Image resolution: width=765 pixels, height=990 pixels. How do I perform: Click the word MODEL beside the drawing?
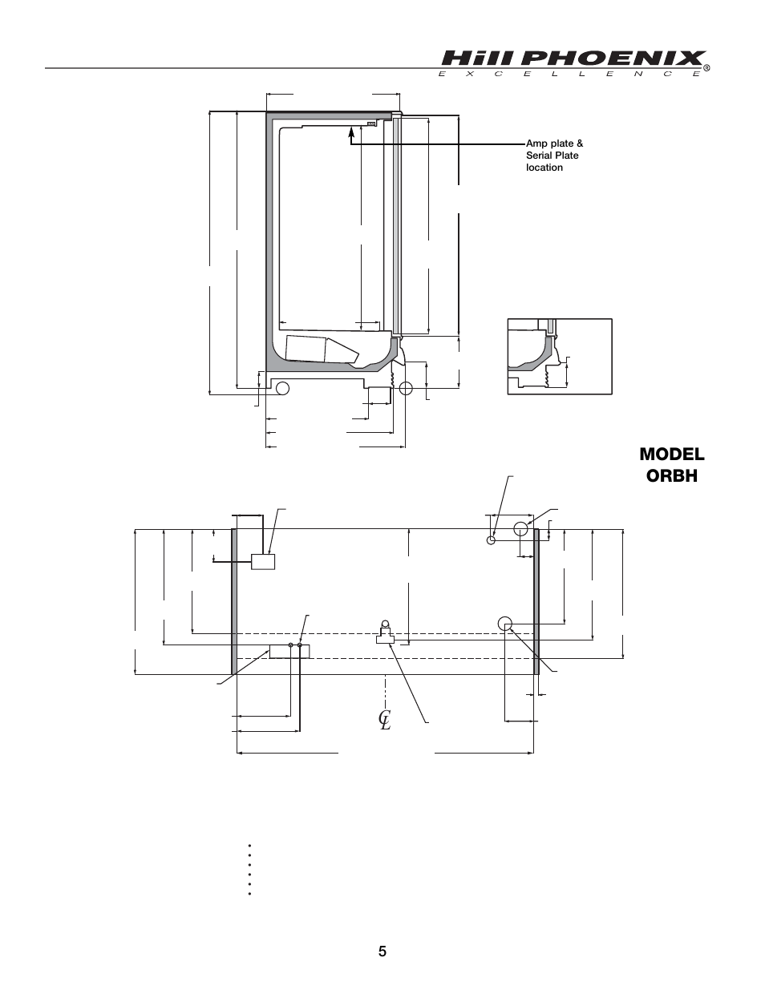point(672,454)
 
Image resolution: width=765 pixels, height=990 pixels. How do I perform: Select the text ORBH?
point(672,475)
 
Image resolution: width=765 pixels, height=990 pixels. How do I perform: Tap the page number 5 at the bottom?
point(382,952)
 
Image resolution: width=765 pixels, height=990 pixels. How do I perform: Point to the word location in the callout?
point(544,168)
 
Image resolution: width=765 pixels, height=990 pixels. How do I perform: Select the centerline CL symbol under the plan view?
point(385,719)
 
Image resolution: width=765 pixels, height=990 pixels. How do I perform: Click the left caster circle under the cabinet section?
point(282,389)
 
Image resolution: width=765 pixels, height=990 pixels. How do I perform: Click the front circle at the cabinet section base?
point(405,389)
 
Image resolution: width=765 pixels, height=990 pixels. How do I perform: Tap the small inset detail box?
point(560,356)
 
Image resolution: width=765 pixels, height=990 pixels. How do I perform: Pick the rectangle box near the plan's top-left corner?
point(263,561)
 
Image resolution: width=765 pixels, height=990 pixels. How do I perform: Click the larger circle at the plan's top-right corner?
point(521,528)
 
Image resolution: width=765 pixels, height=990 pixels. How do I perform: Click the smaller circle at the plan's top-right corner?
point(492,539)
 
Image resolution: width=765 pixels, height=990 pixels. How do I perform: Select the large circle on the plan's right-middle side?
point(505,623)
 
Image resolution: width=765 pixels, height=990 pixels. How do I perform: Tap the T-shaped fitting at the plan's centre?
point(386,636)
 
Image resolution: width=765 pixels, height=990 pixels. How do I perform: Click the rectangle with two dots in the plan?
point(289,650)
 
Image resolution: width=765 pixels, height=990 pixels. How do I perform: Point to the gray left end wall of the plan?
point(234,601)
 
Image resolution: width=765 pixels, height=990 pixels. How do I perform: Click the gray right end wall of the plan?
point(536,601)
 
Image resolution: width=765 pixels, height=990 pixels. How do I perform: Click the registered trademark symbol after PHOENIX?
point(707,67)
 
